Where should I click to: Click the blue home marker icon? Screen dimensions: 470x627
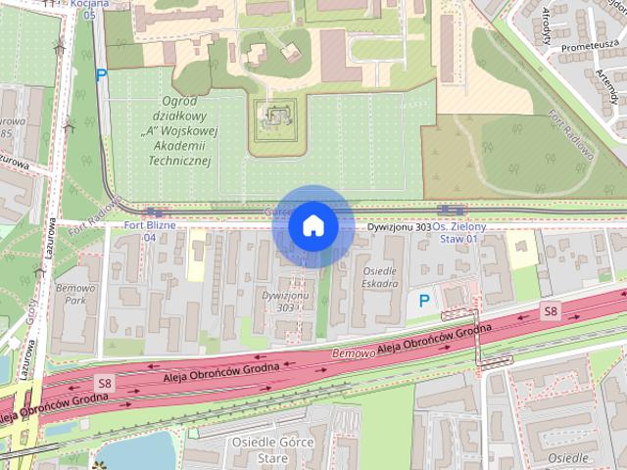tap(313, 225)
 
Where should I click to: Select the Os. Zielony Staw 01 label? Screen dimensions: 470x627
tap(459, 232)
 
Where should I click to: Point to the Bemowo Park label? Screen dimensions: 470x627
tap(74, 296)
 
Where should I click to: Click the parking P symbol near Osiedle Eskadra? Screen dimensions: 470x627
tap(424, 301)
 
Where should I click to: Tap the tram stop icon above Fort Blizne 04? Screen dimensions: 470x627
tap(152, 211)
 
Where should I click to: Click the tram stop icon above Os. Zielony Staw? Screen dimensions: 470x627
tap(450, 210)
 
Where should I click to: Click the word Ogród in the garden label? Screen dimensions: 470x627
tap(180, 104)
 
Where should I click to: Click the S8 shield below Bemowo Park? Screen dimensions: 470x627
tap(103, 380)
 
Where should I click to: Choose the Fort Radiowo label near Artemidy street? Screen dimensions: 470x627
tap(573, 135)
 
